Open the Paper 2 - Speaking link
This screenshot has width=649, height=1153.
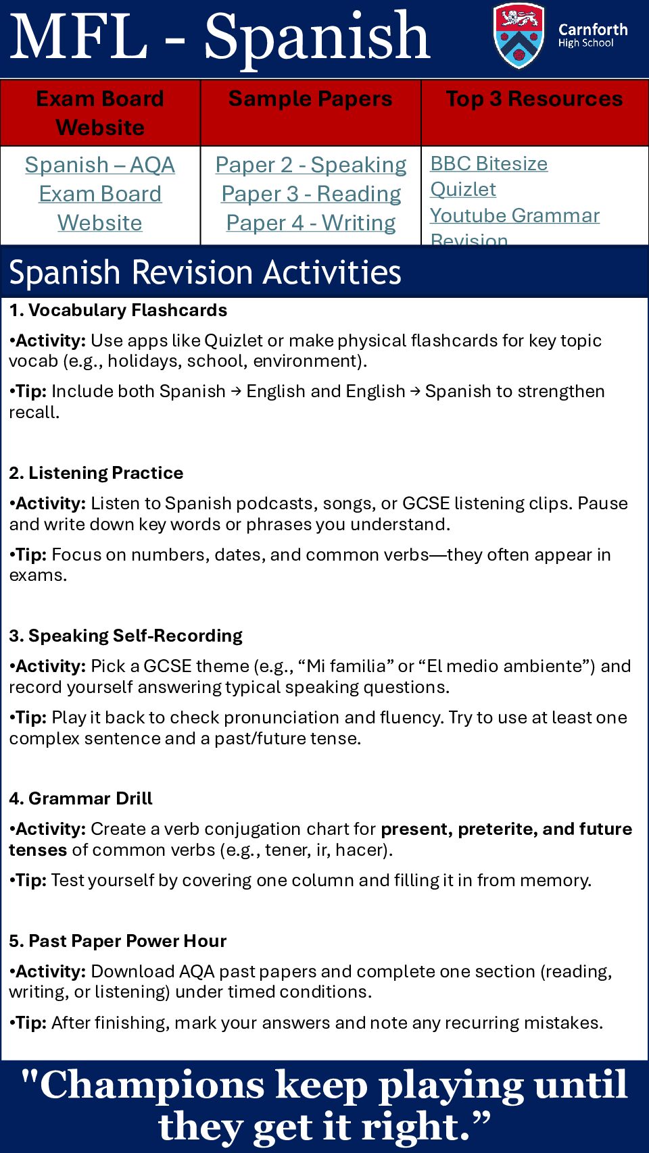pos(311,165)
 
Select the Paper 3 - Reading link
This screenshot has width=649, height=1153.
pos(311,194)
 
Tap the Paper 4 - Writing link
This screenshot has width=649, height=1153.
pos(311,223)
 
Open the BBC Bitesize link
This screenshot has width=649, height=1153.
pos(489,163)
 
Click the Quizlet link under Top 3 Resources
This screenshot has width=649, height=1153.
pos(463,189)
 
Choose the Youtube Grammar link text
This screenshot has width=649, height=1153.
pos(514,215)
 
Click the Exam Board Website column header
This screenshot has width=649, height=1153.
pos(100,113)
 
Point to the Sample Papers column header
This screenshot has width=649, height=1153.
pos(310,99)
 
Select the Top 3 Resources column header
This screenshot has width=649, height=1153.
pos(534,99)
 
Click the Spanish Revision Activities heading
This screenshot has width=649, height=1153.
pos(205,272)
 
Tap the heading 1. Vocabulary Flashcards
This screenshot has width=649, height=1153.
pos(118,310)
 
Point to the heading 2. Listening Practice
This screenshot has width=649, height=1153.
pos(97,473)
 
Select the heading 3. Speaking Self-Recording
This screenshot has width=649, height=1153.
pos(126,636)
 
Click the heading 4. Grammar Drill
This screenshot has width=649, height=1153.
pos(81,798)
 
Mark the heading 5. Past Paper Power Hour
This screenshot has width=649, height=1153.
pos(118,941)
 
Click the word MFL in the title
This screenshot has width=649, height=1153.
pos(79,36)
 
